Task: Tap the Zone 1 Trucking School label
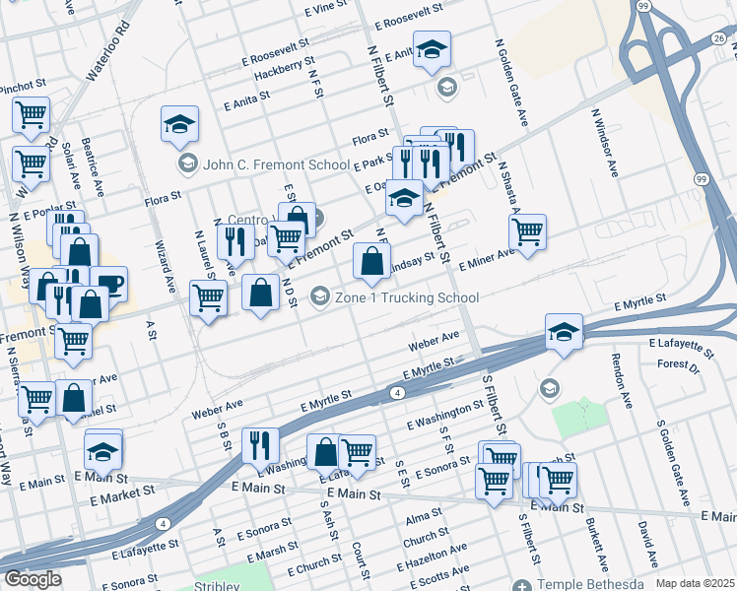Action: click(x=407, y=297)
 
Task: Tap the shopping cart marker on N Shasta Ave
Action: click(x=527, y=231)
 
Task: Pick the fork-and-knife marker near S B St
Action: click(x=260, y=444)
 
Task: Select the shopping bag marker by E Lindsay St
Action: click(x=371, y=261)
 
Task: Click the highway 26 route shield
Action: click(x=719, y=38)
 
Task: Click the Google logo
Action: click(x=33, y=579)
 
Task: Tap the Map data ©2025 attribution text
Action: click(x=695, y=583)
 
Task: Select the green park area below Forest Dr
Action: click(x=579, y=419)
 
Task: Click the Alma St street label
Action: click(x=423, y=518)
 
